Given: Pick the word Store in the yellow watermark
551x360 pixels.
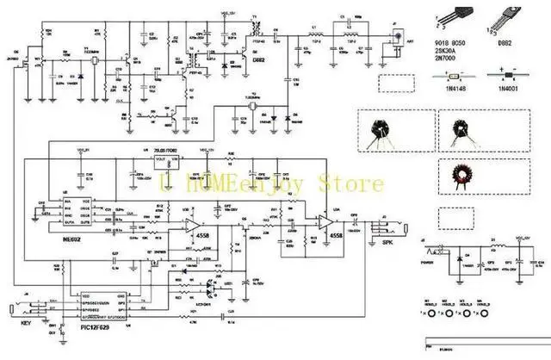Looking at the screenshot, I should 354,183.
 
